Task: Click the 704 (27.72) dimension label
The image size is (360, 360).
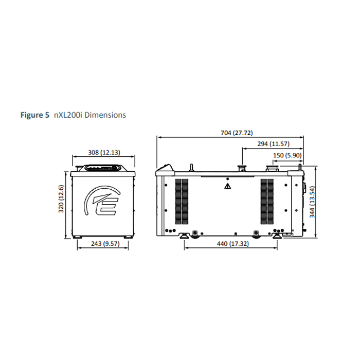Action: (237, 133)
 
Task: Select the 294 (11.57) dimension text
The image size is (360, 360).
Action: (273, 144)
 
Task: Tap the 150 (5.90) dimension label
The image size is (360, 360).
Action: (287, 155)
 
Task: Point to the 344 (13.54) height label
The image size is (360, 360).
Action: (312, 202)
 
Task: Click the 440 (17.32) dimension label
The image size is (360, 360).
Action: (233, 244)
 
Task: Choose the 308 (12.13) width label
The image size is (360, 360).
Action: (104, 152)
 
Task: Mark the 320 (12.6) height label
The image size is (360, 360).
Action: (61, 199)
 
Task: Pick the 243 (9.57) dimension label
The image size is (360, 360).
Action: (105, 244)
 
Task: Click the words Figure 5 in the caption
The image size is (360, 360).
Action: (35, 115)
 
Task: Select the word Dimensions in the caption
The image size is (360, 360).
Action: (105, 115)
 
